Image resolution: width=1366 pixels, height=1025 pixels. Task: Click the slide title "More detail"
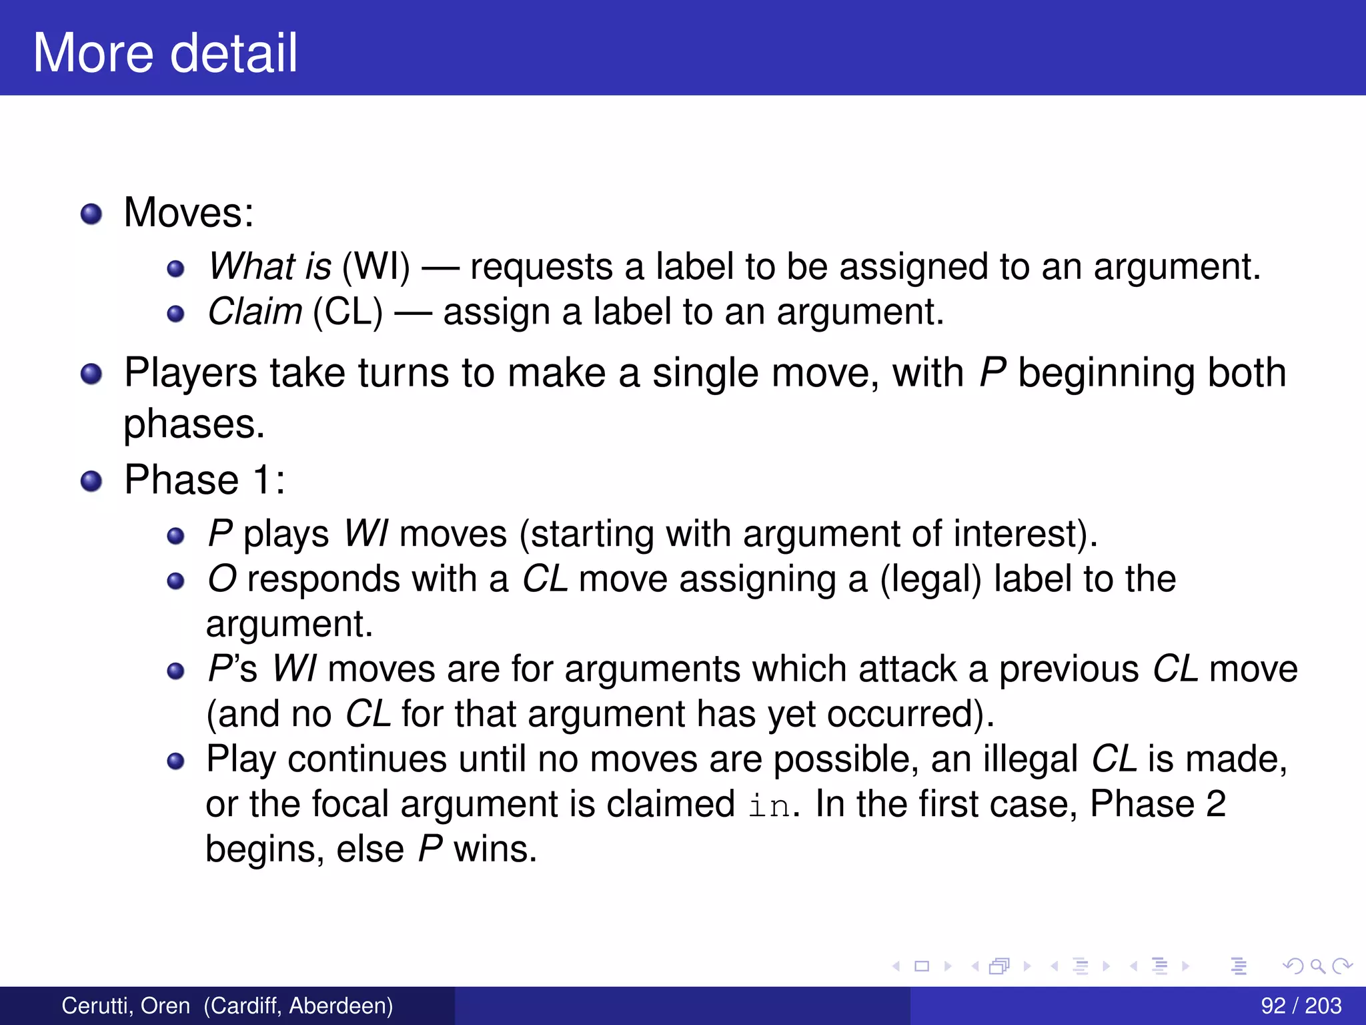pyautogui.click(x=165, y=53)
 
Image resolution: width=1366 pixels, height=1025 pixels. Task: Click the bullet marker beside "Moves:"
pyautogui.click(x=91, y=214)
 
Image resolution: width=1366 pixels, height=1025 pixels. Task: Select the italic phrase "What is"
pyautogui.click(x=269, y=266)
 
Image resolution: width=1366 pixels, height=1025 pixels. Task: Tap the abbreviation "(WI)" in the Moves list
pyautogui.click(x=376, y=266)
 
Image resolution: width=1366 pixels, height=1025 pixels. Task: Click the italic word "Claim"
pyautogui.click(x=255, y=312)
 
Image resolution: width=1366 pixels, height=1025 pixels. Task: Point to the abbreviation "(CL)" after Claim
pyautogui.click(x=348, y=312)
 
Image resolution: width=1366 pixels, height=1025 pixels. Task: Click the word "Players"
pyautogui.click(x=190, y=372)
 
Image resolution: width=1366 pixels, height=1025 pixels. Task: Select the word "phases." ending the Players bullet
pyautogui.click(x=194, y=424)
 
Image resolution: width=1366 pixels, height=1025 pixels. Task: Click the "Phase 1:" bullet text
pyautogui.click(x=205, y=479)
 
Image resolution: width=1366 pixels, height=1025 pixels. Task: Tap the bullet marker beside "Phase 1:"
pyautogui.click(x=91, y=480)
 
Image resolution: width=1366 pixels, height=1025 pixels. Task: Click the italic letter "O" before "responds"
pyautogui.click(x=222, y=579)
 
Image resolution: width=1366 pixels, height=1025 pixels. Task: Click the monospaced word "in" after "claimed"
pyautogui.click(x=769, y=805)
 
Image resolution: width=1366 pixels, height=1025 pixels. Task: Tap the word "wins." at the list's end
pyautogui.click(x=495, y=849)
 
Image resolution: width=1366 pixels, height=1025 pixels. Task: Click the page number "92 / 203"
pyautogui.click(x=1301, y=1006)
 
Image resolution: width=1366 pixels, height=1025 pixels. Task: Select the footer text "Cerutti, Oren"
pyautogui.click(x=125, y=1006)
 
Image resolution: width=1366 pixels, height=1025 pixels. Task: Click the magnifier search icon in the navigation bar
pyautogui.click(x=1317, y=966)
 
